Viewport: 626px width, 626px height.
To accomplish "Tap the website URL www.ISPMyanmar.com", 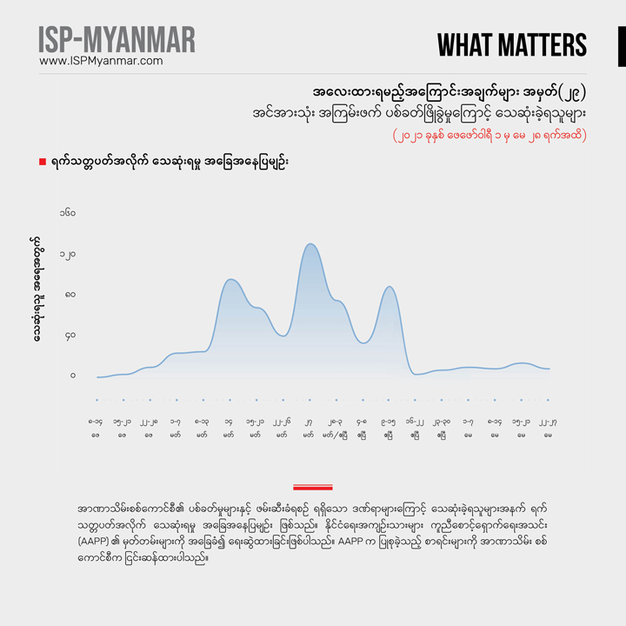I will pos(101,61).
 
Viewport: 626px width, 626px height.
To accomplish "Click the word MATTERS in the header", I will pos(536,45).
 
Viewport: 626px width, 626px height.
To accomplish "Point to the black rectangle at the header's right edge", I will pos(622,45).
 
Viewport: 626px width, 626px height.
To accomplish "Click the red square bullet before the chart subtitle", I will pos(43,162).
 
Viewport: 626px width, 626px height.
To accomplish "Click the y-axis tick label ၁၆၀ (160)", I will pos(67,213).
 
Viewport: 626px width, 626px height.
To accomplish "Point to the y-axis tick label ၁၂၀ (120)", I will pos(67,255).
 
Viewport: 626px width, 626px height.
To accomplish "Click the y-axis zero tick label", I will pos(73,376).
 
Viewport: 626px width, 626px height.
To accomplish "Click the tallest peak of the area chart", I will pos(310,244).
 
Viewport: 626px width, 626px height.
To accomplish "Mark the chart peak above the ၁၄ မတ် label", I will pos(230,280).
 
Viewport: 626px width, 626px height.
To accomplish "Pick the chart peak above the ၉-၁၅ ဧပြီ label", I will pos(390,287).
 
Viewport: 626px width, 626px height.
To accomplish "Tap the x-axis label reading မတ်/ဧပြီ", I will pos(335,433).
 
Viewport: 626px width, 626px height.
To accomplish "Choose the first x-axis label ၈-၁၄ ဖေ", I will pos(96,427).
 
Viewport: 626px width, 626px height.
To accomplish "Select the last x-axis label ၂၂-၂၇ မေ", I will pos(548,427).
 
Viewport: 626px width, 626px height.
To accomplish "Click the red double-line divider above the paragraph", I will pos(313,488).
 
